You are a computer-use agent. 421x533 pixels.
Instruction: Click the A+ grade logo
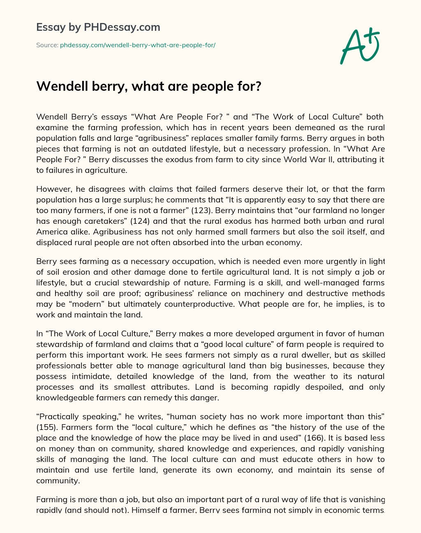[359, 46]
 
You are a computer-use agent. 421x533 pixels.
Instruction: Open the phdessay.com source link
[138, 45]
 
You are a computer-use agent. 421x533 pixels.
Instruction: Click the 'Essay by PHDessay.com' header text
[98, 28]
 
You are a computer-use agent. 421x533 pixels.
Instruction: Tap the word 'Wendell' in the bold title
[61, 86]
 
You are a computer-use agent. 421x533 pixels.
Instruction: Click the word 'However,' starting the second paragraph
[52, 189]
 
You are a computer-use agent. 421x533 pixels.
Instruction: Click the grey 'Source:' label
[47, 45]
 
